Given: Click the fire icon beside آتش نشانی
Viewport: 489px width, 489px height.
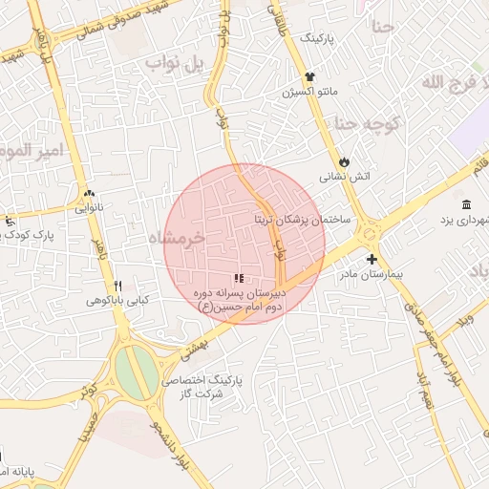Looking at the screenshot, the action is pos(345,162).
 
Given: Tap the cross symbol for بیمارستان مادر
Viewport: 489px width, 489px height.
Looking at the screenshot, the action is pos(372,259).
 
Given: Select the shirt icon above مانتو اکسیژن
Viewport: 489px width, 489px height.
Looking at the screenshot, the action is pos(309,77).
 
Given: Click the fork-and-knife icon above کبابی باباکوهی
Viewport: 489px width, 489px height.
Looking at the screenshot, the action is pos(118,286).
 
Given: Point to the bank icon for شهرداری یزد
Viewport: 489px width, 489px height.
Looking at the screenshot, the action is pos(466,205).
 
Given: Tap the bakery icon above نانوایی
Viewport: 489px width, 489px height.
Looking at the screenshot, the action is pos(89,191).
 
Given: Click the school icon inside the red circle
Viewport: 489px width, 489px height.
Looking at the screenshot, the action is pos(239,279).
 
